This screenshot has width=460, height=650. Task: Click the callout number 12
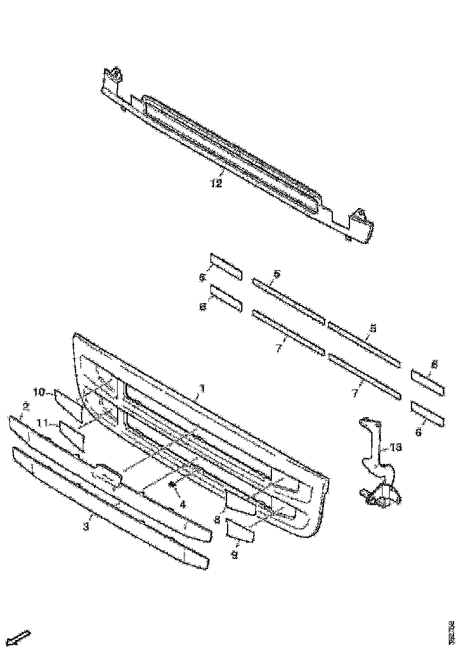(x=216, y=183)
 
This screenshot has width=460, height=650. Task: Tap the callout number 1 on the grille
(x=202, y=388)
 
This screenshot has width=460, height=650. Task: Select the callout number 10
(x=39, y=392)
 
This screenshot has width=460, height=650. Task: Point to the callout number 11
(x=42, y=424)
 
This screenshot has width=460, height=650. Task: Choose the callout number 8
(x=218, y=520)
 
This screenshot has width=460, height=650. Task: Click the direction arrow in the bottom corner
(x=21, y=638)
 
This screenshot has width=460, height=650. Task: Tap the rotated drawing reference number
(x=451, y=631)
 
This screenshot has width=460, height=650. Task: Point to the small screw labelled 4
(x=171, y=485)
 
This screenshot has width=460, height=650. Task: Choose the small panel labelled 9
(x=241, y=532)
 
